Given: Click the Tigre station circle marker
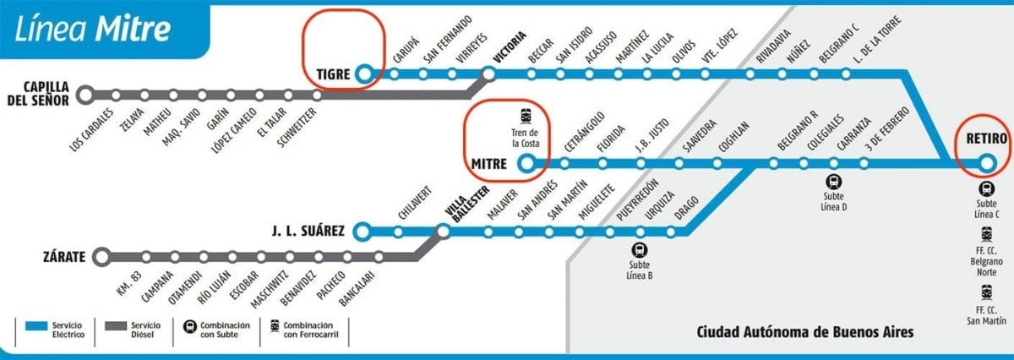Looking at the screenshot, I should [364, 74].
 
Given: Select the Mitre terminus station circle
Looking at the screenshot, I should [528, 163].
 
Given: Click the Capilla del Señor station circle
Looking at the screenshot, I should [85, 95].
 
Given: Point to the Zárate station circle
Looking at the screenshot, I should [102, 256].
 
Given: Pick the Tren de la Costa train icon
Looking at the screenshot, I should [526, 116].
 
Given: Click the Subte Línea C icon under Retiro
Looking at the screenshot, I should [986, 189].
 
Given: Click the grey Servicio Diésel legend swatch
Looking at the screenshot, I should [115, 325].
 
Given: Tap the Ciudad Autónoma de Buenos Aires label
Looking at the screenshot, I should [804, 332].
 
